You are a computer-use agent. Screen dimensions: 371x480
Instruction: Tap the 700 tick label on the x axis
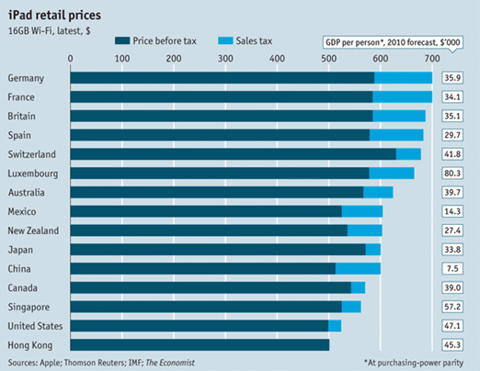point(431,60)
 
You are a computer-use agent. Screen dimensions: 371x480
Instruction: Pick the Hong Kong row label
point(29,344)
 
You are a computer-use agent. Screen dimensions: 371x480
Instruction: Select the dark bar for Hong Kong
point(200,344)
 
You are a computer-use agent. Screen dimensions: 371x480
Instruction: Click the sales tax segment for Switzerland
point(408,153)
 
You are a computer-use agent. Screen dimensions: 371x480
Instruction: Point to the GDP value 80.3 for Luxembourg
point(453,173)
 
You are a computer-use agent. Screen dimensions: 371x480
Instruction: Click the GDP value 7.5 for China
point(453,268)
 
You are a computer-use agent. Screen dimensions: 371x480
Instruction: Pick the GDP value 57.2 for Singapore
point(453,307)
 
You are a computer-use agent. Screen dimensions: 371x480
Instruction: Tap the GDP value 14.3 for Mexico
point(453,210)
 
